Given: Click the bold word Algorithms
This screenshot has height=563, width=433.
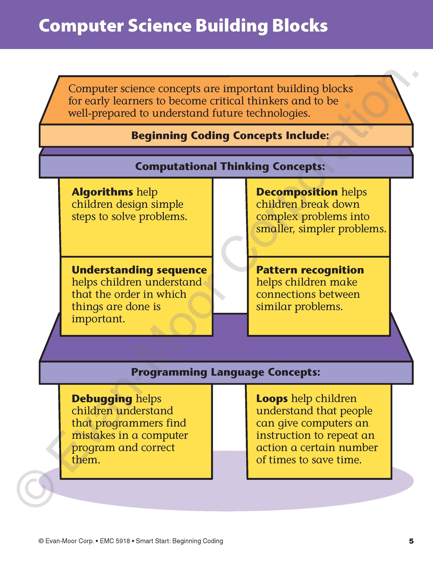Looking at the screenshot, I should tap(102, 192).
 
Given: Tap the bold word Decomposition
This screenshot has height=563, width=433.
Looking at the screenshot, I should tap(297, 192).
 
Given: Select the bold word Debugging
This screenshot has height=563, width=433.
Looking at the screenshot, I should tap(102, 399).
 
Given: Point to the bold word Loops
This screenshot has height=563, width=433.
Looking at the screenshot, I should tap(272, 399).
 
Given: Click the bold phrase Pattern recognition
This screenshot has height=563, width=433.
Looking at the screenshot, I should tap(310, 270).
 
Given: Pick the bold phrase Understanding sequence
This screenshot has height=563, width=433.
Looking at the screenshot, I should tap(139, 270).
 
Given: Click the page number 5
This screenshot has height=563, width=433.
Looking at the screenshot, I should tap(411, 541).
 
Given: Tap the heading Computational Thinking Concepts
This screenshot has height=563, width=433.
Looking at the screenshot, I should tap(230, 167).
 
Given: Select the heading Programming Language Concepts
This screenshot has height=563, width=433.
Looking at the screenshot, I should tap(226, 372).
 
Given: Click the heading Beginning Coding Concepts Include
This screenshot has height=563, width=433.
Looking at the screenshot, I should tap(230, 136).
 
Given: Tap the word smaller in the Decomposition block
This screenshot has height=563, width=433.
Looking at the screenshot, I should tap(275, 229).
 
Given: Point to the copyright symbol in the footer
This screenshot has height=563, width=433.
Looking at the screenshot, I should tap(41, 541).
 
